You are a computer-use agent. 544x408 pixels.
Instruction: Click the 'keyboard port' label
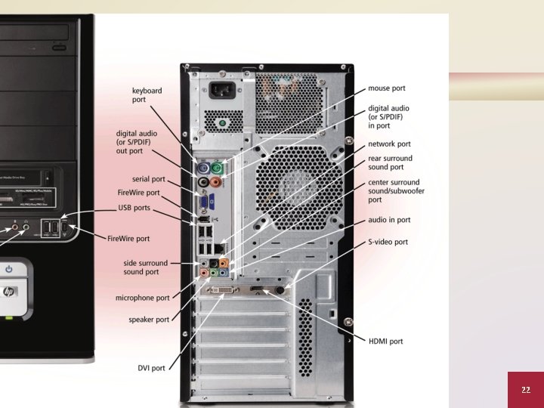coord(147,94)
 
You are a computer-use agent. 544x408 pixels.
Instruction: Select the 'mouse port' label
coord(386,88)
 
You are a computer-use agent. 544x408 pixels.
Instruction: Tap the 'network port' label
coord(389,144)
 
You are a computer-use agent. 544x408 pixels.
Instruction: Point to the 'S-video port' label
coord(388,242)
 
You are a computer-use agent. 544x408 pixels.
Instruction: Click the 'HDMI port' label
coord(385,342)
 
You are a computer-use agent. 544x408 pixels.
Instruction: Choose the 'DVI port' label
coord(151,368)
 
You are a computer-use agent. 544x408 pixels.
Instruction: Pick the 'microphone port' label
coord(142,298)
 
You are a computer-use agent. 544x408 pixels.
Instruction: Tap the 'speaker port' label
coord(149,320)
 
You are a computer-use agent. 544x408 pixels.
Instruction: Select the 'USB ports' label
coord(134,207)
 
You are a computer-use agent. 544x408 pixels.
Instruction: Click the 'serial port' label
coord(148,179)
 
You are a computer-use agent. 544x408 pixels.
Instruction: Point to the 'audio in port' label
coord(389,220)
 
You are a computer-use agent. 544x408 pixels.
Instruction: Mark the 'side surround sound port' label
coord(141,267)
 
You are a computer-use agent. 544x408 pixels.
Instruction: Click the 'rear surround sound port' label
coord(390,163)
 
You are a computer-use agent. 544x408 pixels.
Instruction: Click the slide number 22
coord(525,389)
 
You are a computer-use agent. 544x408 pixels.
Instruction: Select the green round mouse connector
coord(217,167)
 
